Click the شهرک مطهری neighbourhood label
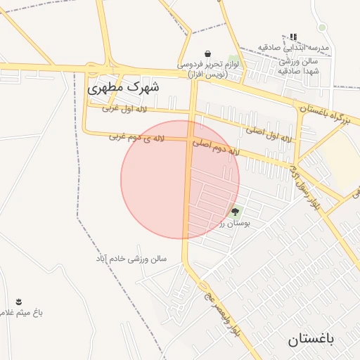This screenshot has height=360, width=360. point(123,89)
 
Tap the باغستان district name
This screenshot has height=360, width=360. point(312,340)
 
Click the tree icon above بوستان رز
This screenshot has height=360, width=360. point(235,211)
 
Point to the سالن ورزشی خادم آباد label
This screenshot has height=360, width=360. point(131,259)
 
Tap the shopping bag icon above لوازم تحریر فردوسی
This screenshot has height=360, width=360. point(208,54)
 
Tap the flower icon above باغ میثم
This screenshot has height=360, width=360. point(18,302)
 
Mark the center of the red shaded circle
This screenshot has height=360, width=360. point(180,179)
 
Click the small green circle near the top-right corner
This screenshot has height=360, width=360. point(322,27)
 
